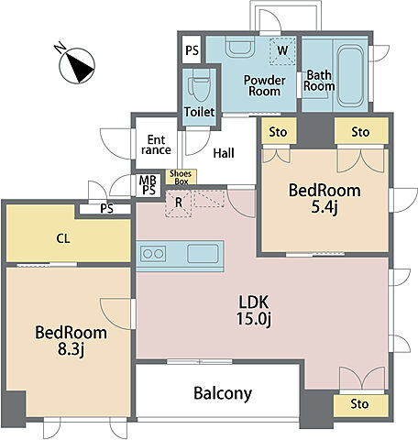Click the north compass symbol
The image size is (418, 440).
tap(77, 65)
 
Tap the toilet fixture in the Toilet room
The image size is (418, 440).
tap(199, 85)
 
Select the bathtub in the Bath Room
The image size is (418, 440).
tap(350, 76)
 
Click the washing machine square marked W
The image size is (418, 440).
tap(282, 50)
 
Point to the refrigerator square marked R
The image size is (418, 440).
tap(178, 203)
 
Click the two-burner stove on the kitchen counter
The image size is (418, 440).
tap(153, 254)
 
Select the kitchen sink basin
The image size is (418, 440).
tap(203, 254)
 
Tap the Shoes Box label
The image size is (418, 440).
tap(181, 177)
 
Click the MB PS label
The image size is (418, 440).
tap(148, 185)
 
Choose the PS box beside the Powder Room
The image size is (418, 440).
tap(192, 49)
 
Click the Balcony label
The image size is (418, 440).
tap(223, 393)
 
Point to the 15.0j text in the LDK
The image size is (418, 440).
tap(254, 319)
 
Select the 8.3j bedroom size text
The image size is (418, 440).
tap(71, 349)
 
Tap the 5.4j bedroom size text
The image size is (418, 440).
tap(324, 207)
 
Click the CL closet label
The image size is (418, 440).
tap(63, 238)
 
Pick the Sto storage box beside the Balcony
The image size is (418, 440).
tap(361, 406)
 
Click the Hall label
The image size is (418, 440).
tap(224, 153)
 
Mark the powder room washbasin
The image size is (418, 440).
tap(240, 46)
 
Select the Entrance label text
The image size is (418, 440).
tap(156, 145)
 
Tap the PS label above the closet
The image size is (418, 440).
tap(107, 209)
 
